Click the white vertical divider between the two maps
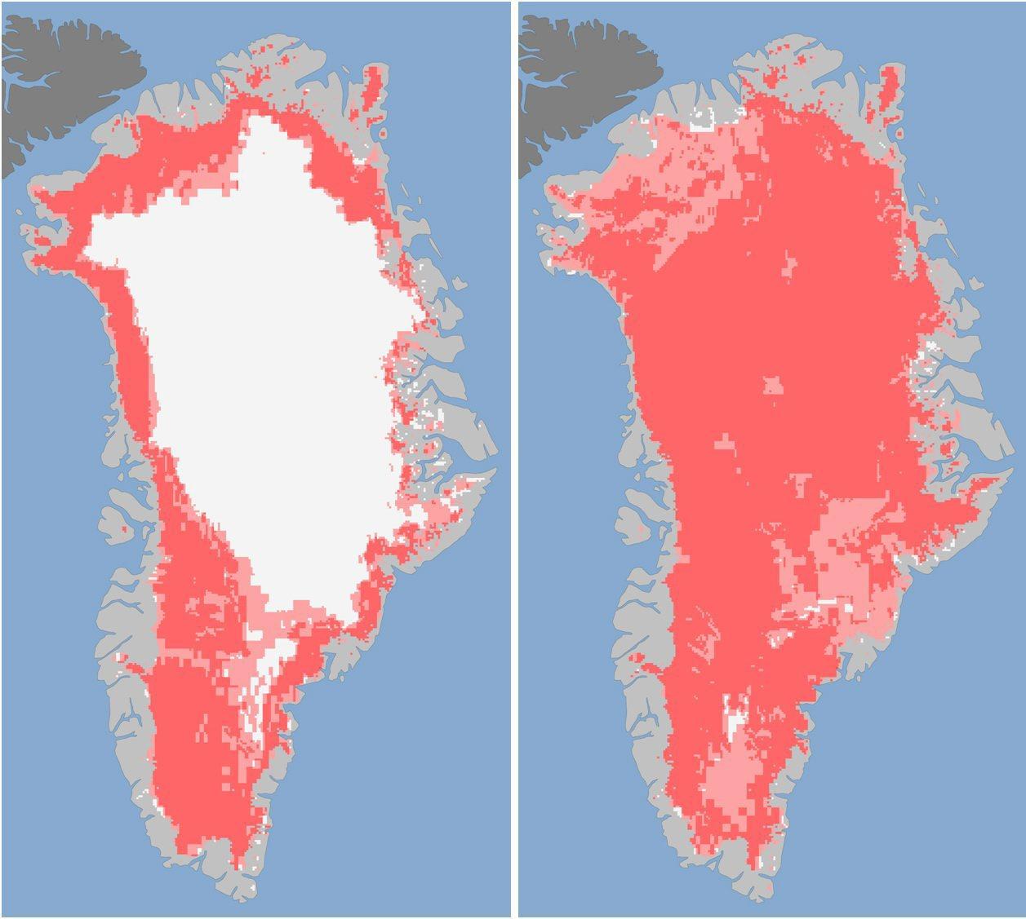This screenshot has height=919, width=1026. coord(513,457)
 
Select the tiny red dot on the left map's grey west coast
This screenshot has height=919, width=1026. coord(123,529)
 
